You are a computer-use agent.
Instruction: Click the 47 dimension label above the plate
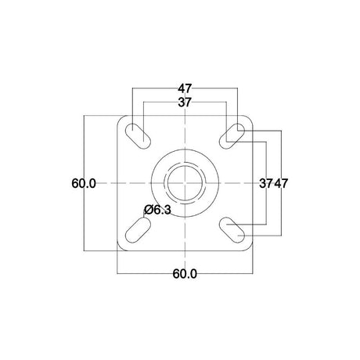coord(185,88)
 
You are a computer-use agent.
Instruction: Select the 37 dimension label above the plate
coord(185,103)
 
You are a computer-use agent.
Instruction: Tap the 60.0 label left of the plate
coord(84,183)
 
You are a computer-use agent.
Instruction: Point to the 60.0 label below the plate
coord(185,274)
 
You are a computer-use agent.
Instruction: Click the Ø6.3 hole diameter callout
coord(157,210)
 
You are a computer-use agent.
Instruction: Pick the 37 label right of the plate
coord(266,183)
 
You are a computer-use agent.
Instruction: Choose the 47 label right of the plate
coord(281,183)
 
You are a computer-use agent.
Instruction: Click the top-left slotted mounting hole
coord(139,136)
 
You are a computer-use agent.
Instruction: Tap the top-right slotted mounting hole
coord(232,136)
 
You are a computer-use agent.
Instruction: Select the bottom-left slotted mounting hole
coord(139,230)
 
